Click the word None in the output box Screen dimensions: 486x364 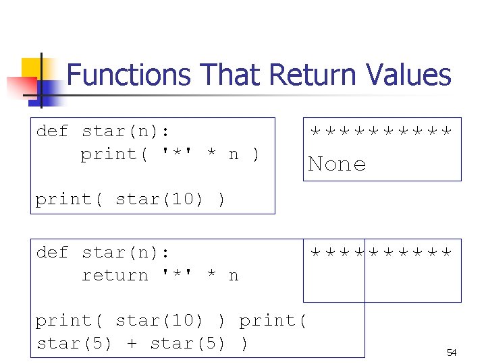[x=337, y=164]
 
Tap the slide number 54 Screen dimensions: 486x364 [x=452, y=353]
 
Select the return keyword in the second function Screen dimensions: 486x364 [x=115, y=276]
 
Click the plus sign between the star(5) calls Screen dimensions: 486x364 [x=132, y=344]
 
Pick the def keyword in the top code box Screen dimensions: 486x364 [x=53, y=131]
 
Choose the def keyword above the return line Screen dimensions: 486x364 [x=53, y=253]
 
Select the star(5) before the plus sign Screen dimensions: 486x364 [x=75, y=344]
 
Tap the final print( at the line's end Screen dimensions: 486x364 [x=273, y=321]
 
